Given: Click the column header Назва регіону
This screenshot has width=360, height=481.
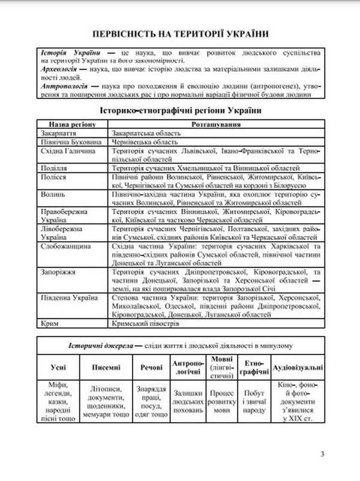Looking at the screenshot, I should coord(71,124).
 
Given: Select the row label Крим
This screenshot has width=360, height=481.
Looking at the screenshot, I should coord(47,323).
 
